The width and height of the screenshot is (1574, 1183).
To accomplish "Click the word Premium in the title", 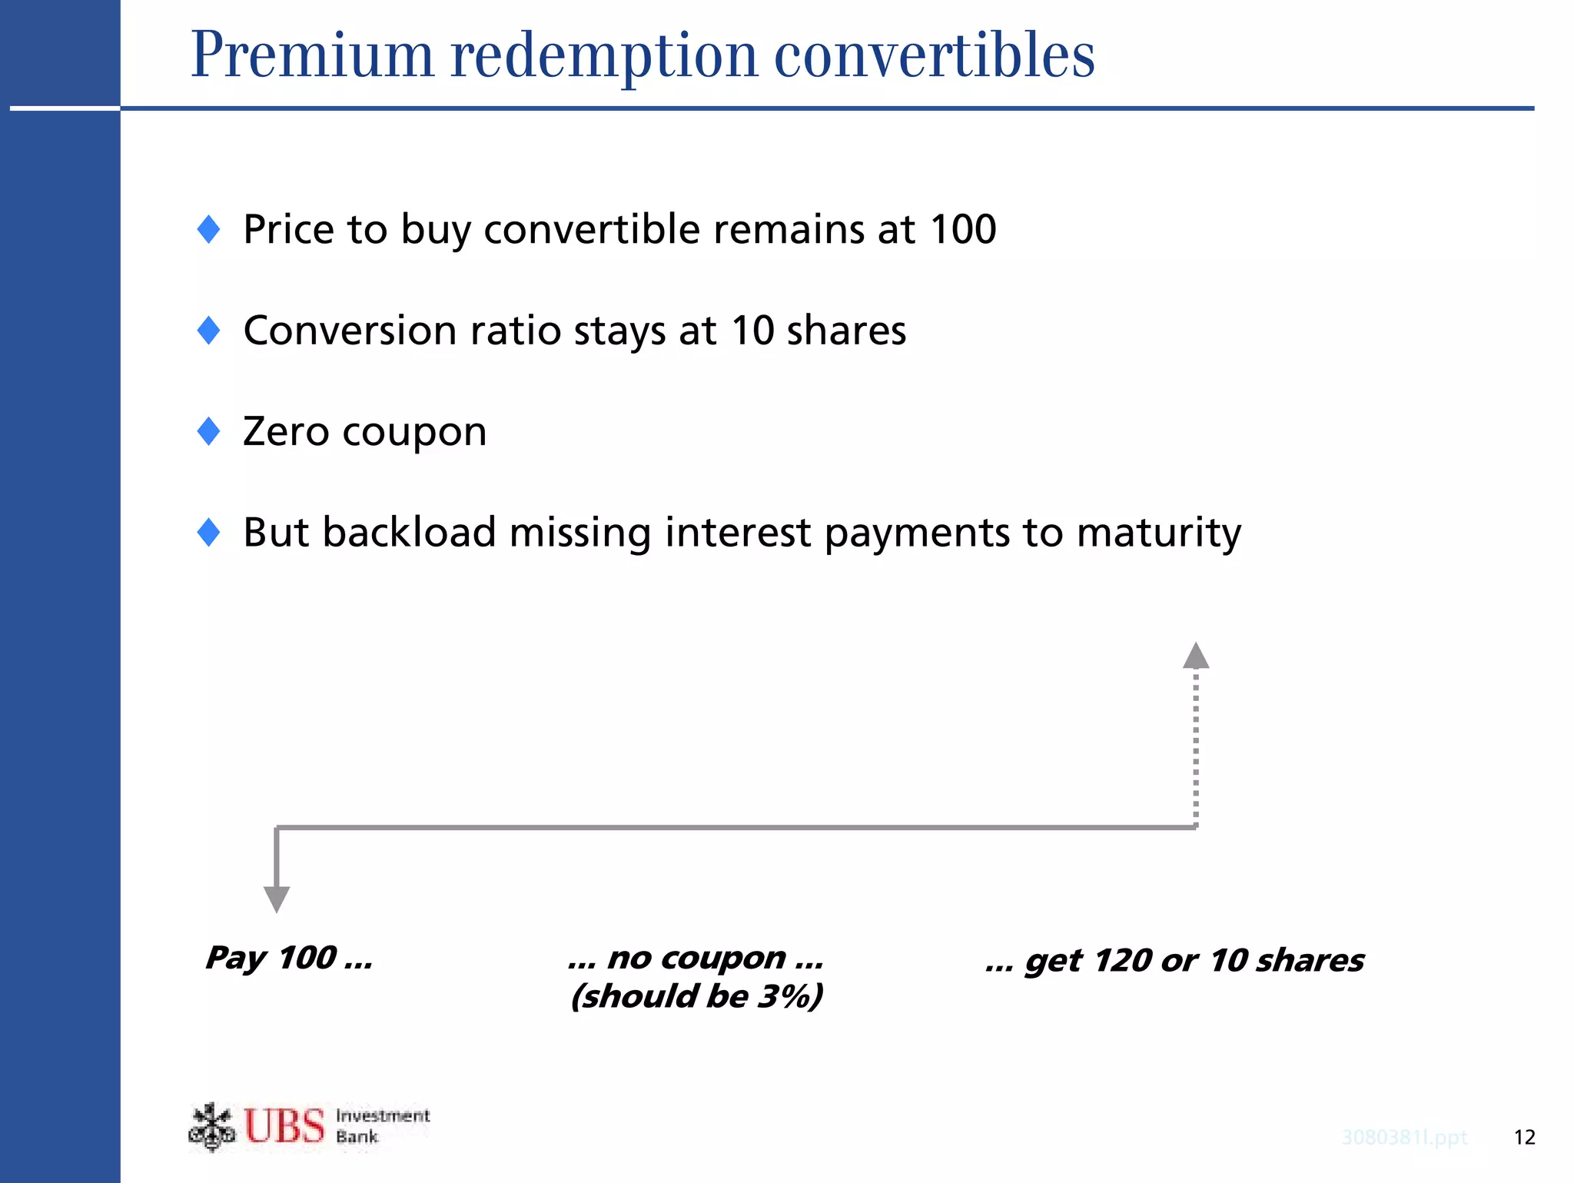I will pyautogui.click(x=312, y=55).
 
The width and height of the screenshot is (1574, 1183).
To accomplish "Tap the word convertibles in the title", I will pyautogui.click(x=934, y=55).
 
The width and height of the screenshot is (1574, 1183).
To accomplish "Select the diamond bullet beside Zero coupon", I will pyautogui.click(x=209, y=431).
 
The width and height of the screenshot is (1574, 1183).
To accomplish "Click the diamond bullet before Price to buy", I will pyautogui.click(x=209, y=229).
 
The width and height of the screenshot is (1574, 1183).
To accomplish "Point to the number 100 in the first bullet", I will pyautogui.click(x=962, y=229).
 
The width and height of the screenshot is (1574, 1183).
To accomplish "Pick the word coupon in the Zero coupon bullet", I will pyautogui.click(x=414, y=432).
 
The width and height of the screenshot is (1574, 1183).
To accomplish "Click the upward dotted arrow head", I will pyautogui.click(x=1196, y=656).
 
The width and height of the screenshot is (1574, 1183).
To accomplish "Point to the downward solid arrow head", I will pyautogui.click(x=277, y=899).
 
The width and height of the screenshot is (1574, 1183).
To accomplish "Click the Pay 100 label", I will pyautogui.click(x=289, y=958).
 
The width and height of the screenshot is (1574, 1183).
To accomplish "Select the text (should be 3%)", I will pyautogui.click(x=696, y=996).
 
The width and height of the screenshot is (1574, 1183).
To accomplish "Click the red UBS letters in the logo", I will pyautogui.click(x=284, y=1127).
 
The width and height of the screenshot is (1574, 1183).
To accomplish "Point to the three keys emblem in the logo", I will pyautogui.click(x=211, y=1127).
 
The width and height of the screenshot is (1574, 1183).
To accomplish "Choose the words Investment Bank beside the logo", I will pyautogui.click(x=382, y=1126).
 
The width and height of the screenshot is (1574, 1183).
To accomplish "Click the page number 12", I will pyautogui.click(x=1524, y=1138).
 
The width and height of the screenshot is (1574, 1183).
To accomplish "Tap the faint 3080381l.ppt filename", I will pyautogui.click(x=1404, y=1138).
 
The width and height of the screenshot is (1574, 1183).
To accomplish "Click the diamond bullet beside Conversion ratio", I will pyautogui.click(x=209, y=331).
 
